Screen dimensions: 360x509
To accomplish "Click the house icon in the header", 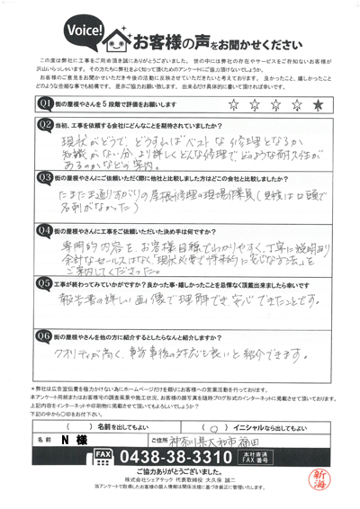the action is point(119,38).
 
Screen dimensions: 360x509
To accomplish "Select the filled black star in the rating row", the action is point(319,105).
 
